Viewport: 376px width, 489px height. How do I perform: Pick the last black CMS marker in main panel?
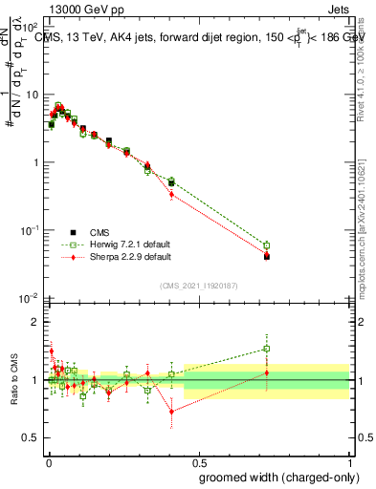pyautogui.click(x=267, y=256)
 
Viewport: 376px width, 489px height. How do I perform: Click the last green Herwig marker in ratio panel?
pyautogui.click(x=267, y=349)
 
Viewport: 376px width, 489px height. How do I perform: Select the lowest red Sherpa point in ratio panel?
pyautogui.click(x=171, y=412)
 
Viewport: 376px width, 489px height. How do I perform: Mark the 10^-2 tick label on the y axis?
pyautogui.click(x=27, y=298)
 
